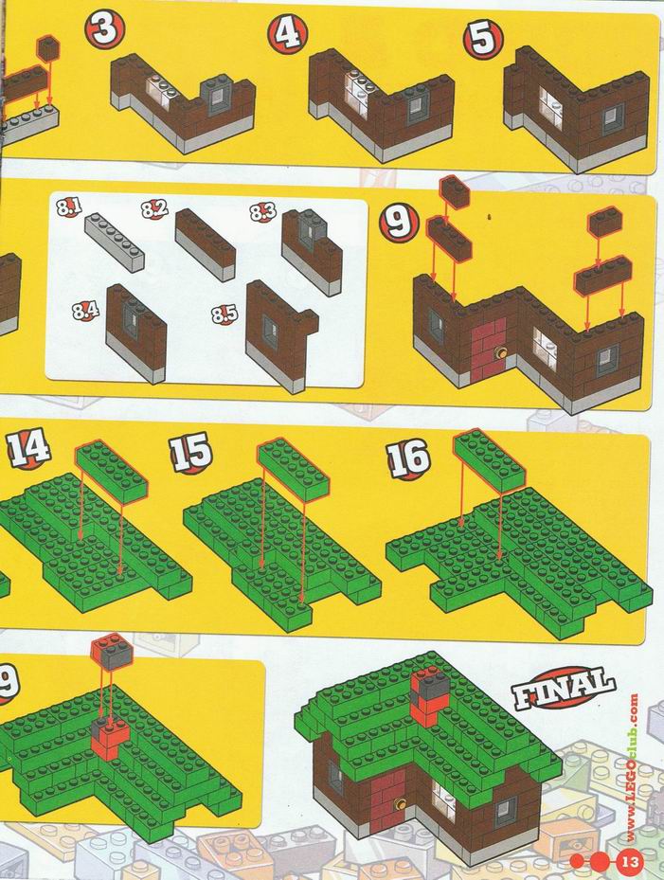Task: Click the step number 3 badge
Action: click(x=105, y=28)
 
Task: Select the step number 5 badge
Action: click(x=483, y=38)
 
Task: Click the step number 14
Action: click(x=29, y=448)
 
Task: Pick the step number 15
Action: click(x=190, y=453)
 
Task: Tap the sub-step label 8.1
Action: click(x=69, y=207)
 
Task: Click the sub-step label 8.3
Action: click(x=262, y=212)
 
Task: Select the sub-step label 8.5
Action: click(x=224, y=314)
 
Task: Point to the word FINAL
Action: click(x=563, y=689)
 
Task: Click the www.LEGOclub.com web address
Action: click(x=633, y=768)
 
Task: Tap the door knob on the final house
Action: click(x=400, y=804)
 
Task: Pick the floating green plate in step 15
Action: click(x=294, y=469)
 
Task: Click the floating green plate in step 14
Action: click(x=112, y=472)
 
